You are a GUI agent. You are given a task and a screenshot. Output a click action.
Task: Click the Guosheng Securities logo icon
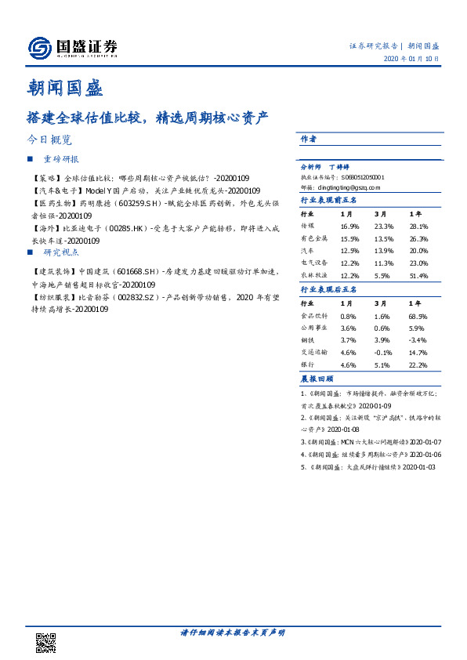pyautogui.click(x=38, y=48)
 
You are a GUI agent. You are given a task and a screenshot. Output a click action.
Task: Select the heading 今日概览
pyautogui.click(x=49, y=140)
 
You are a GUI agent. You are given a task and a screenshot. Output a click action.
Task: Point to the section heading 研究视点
pyautogui.click(x=60, y=252)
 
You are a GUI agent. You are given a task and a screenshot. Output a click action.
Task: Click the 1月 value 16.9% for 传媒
pyautogui.click(x=349, y=227)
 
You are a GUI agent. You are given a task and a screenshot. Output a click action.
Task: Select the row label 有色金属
pyautogui.click(x=313, y=239)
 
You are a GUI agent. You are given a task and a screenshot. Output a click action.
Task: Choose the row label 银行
pyautogui.click(x=307, y=365)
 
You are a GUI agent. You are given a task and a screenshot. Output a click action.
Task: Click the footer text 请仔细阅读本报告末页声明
pyautogui.click(x=233, y=632)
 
